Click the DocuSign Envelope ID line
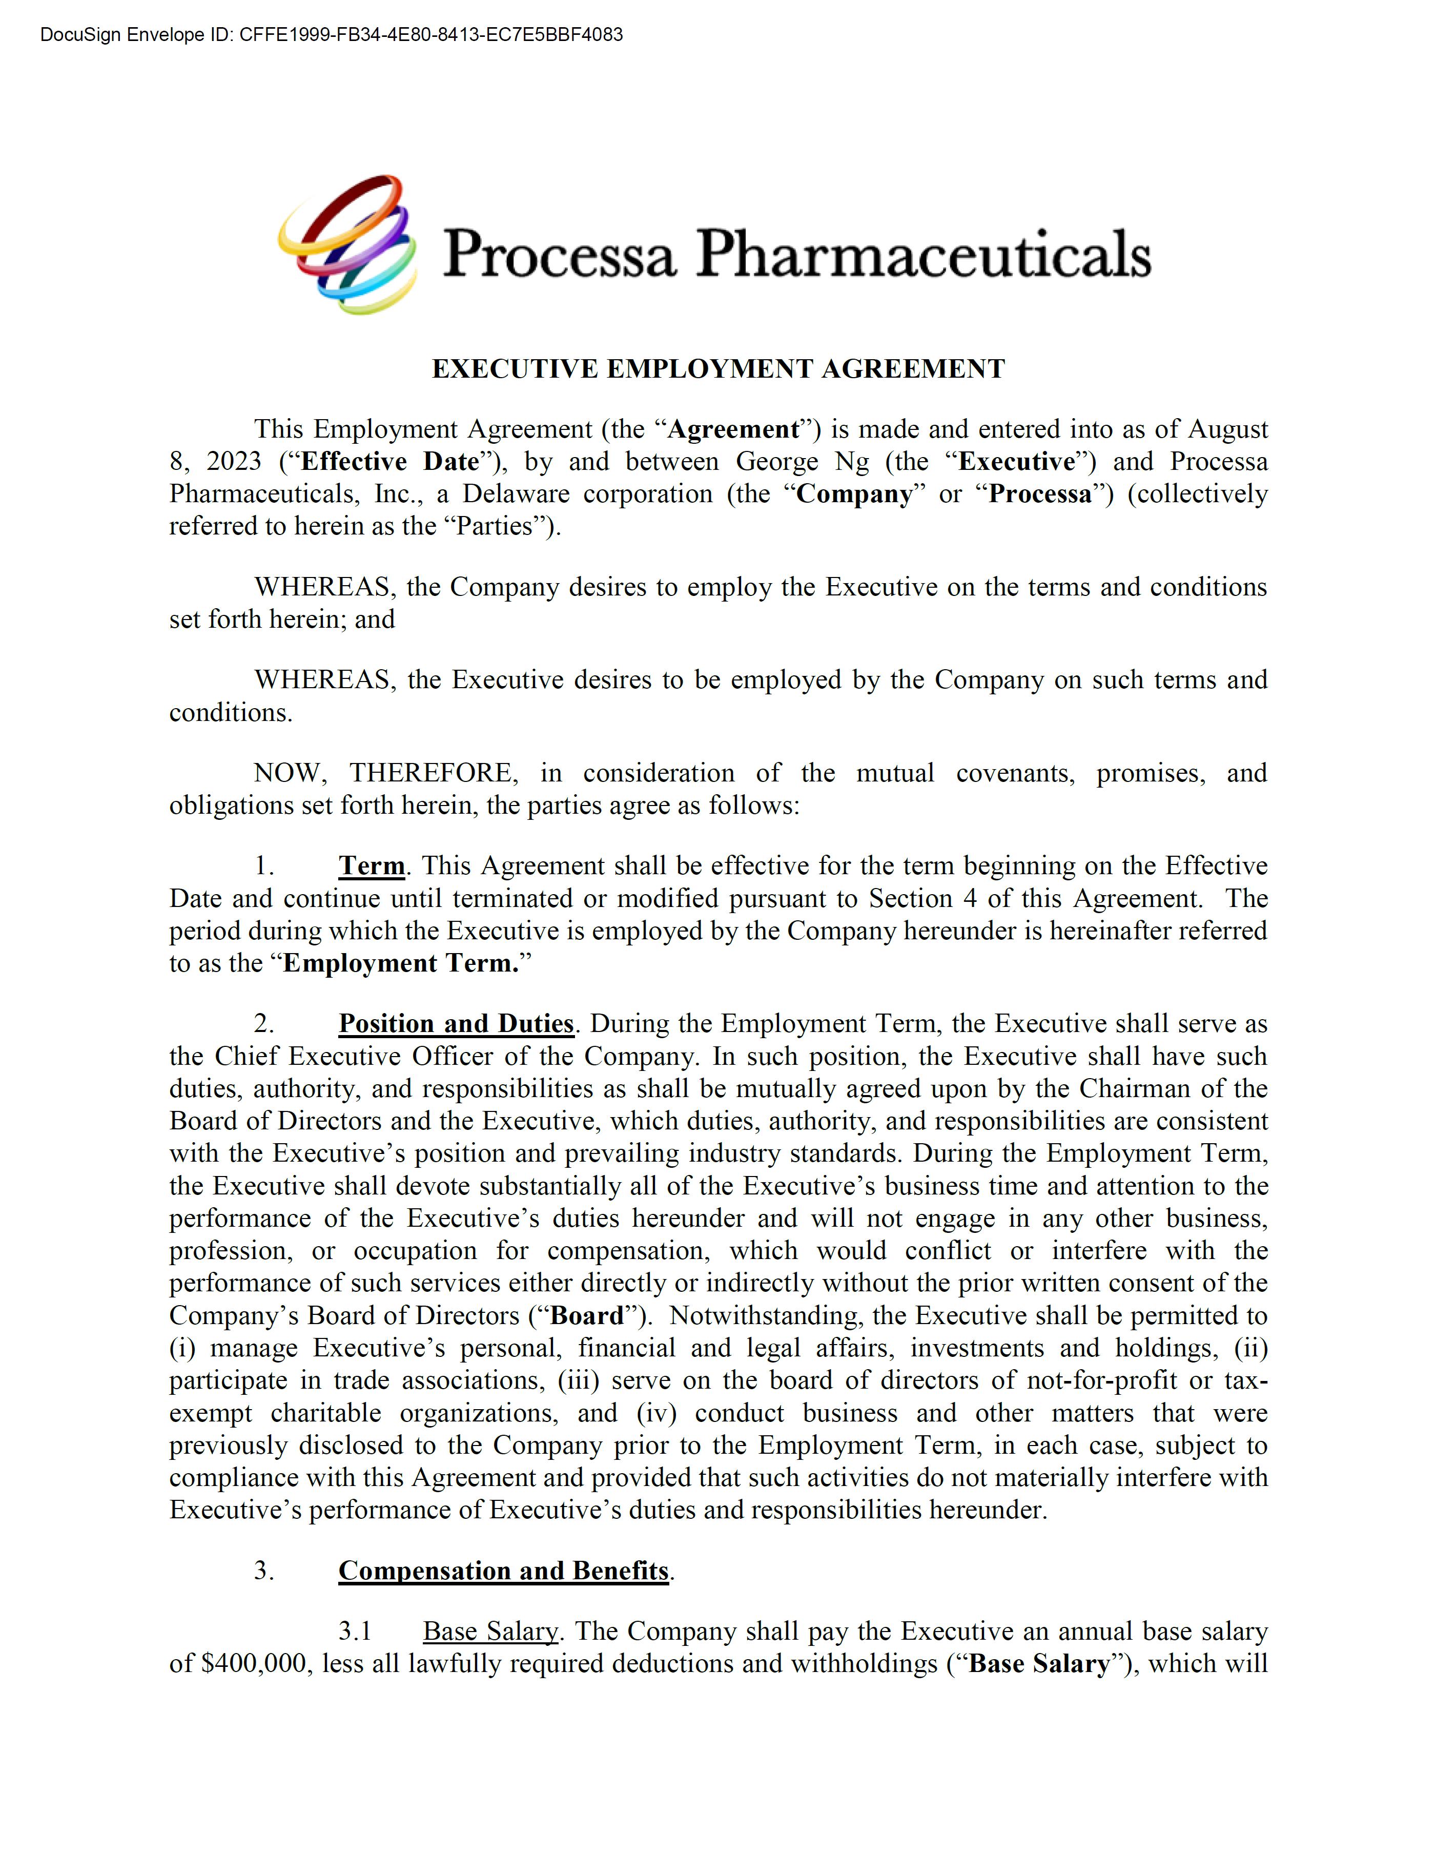pos(332,35)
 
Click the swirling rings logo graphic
pos(348,245)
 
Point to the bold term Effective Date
pos(389,462)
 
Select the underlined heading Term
pos(372,865)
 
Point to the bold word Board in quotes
pos(587,1315)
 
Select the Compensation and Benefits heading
pos(503,1571)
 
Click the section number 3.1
pos(355,1631)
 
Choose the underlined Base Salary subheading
pos(490,1631)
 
